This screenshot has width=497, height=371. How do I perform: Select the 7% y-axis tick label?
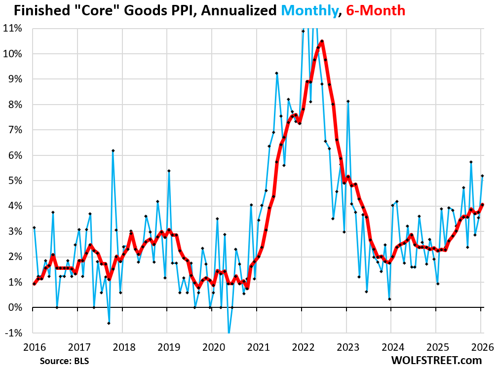15,130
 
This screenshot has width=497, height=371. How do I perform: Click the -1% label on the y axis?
14,333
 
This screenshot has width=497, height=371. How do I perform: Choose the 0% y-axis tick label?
15,307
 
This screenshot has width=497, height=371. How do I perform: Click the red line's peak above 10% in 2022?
322,41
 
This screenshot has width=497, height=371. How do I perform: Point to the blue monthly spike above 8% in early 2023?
348,101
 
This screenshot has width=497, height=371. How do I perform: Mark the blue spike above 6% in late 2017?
113,150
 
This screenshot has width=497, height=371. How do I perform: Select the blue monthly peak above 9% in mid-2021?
277,73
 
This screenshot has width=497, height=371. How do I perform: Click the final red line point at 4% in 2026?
482,205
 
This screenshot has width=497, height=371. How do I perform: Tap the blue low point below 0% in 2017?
109,323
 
